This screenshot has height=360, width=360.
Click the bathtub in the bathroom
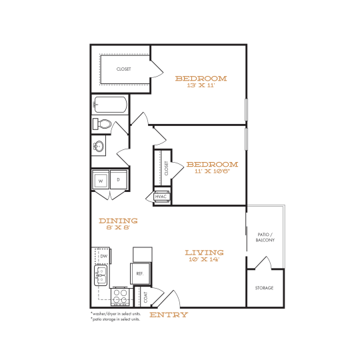[110, 105]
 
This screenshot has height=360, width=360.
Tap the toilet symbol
[103, 125]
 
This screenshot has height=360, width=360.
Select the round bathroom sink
[100, 147]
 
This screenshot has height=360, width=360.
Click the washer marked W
[101, 180]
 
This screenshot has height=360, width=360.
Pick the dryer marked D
[118, 180]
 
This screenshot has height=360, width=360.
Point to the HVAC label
[161, 197]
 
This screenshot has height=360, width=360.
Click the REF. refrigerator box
[141, 273]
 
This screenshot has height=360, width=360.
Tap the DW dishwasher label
[103, 256]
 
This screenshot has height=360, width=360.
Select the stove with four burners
[121, 295]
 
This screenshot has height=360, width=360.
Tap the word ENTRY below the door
[169, 315]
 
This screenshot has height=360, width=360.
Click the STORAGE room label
[265, 288]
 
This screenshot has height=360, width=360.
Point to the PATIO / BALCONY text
[265, 237]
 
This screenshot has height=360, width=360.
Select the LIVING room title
[204, 253]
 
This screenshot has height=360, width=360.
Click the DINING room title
[118, 221]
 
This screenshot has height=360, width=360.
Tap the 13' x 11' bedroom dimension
[201, 85]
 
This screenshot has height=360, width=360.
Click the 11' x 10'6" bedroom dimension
[212, 171]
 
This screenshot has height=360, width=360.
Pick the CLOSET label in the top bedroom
[124, 69]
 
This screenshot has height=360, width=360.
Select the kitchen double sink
[101, 274]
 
